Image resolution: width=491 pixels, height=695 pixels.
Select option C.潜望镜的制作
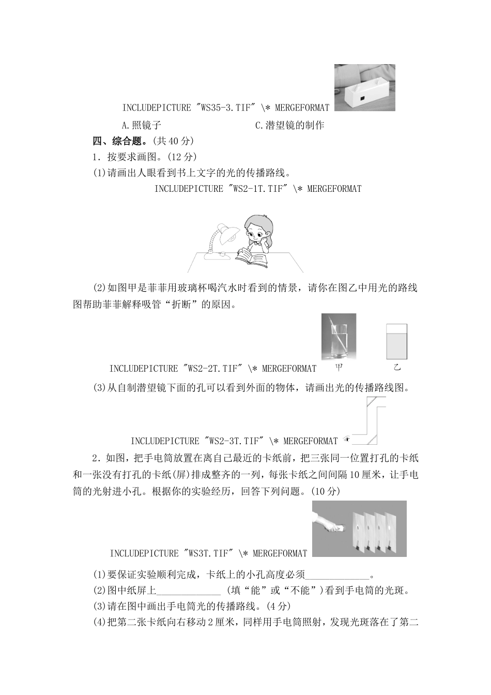click(x=289, y=125)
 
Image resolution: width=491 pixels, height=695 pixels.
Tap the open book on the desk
click(x=252, y=256)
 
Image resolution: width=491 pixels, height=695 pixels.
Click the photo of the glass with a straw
click(x=338, y=337)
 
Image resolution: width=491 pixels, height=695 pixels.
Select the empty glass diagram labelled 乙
click(x=396, y=342)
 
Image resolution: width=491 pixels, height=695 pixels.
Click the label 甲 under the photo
click(x=339, y=368)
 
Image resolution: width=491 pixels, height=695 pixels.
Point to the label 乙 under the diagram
click(x=397, y=368)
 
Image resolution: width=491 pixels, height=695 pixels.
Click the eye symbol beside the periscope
click(x=346, y=440)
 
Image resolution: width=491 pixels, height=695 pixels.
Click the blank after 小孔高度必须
click(x=338, y=575)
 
